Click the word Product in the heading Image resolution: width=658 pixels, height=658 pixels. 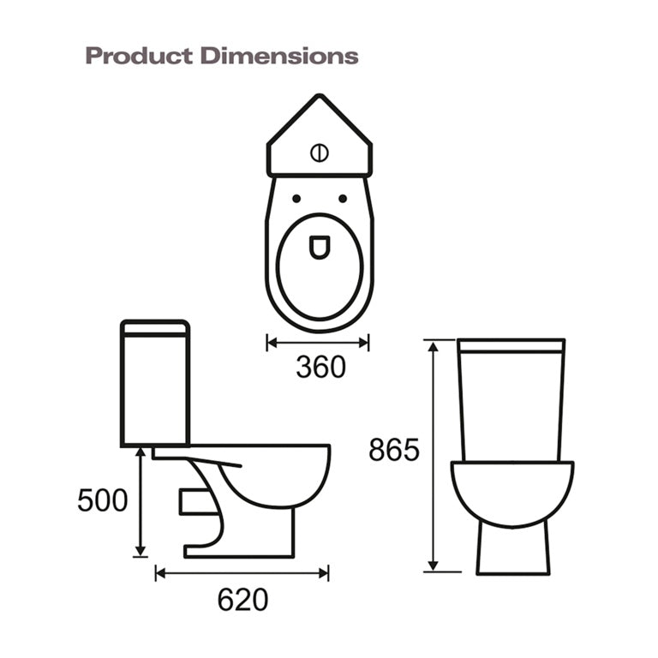tap(139, 57)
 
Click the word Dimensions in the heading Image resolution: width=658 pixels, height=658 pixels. tap(278, 57)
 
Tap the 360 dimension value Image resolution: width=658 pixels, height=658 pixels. tap(320, 367)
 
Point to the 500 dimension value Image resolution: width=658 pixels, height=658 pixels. tap(103, 500)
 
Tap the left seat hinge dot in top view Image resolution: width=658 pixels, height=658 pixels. tap(296, 199)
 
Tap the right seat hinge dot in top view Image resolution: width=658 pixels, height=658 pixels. tap(343, 199)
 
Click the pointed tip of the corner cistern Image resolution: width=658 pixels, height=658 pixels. tap(320, 98)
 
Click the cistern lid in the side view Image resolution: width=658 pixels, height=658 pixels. tap(155, 326)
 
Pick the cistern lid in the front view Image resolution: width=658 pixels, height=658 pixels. tap(511, 346)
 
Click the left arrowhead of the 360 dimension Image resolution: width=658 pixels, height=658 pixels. tap(272, 343)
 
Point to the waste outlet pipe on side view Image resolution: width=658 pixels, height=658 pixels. tap(194, 501)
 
